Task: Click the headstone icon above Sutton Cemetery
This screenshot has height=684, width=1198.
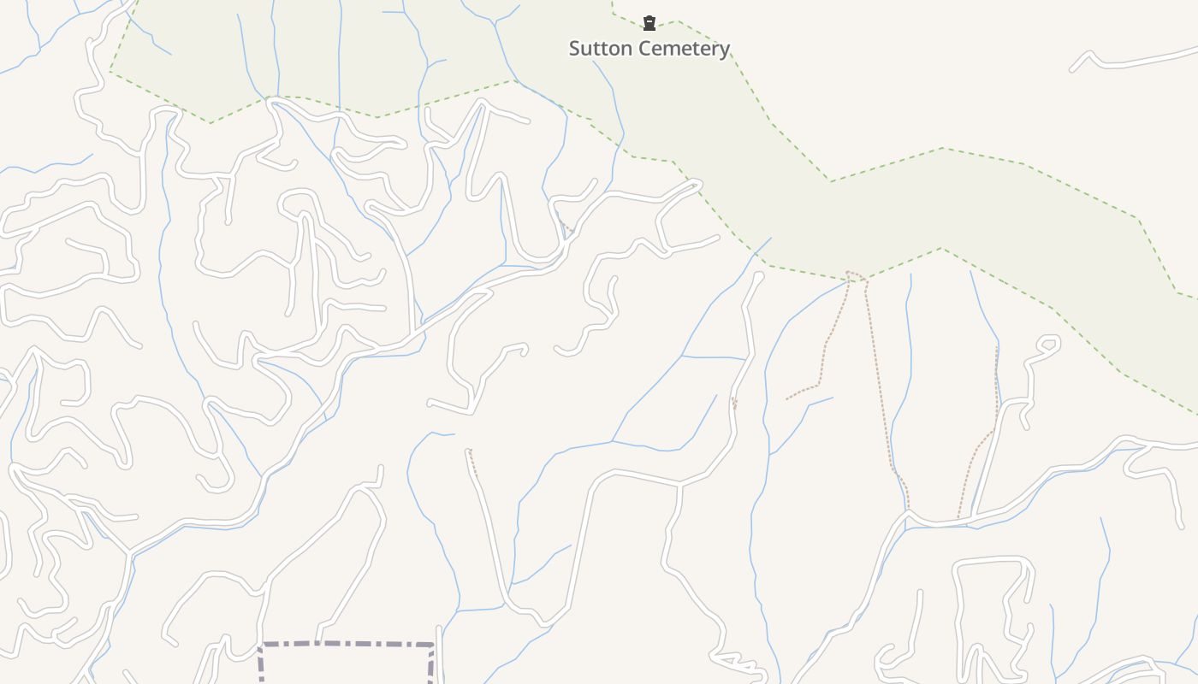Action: click(x=649, y=23)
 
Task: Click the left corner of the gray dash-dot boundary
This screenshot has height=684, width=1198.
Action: click(x=261, y=645)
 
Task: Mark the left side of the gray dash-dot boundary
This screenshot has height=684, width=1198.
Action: click(x=260, y=665)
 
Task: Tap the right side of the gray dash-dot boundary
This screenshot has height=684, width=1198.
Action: click(x=432, y=665)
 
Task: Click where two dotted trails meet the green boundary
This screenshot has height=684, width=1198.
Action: click(x=848, y=273)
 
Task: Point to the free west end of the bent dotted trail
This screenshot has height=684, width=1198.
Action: click(x=787, y=399)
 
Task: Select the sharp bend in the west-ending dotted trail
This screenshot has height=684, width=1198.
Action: click(x=819, y=384)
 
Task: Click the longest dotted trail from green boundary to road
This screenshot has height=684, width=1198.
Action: click(x=881, y=385)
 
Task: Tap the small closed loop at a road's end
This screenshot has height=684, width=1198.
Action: click(x=1048, y=345)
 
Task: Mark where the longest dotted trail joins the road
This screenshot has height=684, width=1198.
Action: click(x=908, y=511)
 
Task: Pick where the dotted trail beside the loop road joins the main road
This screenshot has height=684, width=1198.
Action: click(x=958, y=518)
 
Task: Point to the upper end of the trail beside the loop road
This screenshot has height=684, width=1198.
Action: click(x=997, y=349)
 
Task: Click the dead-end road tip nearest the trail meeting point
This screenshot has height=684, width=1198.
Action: click(x=758, y=275)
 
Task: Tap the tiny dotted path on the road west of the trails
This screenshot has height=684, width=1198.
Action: click(x=734, y=403)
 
